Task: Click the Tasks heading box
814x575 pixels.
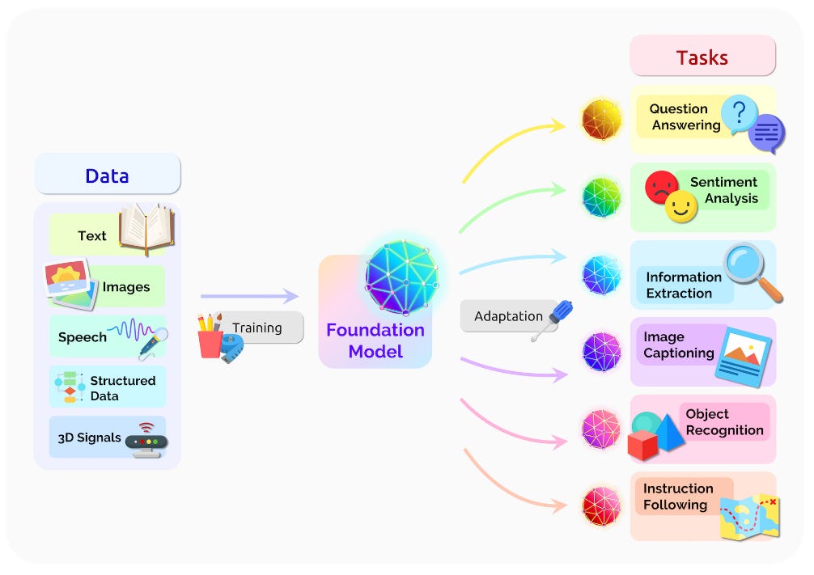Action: [702, 56]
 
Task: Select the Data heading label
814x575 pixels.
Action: [107, 176]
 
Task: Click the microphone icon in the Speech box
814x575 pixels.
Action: [154, 344]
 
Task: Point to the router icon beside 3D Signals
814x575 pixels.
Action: [146, 440]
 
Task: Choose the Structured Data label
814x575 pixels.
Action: [122, 388]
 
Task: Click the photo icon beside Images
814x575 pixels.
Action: [70, 285]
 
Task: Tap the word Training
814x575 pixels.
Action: [257, 328]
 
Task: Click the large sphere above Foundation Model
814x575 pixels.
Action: [402, 277]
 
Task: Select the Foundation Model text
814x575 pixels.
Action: [375, 340]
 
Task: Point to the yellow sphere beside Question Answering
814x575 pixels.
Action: [602, 120]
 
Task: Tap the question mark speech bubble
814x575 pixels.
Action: [740, 114]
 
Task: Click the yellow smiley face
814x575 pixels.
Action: [681, 206]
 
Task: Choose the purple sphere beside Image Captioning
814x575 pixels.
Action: [602, 353]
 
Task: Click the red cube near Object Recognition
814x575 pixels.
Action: [642, 446]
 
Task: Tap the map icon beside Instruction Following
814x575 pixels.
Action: [749, 517]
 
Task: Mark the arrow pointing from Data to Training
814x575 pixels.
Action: [250, 296]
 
